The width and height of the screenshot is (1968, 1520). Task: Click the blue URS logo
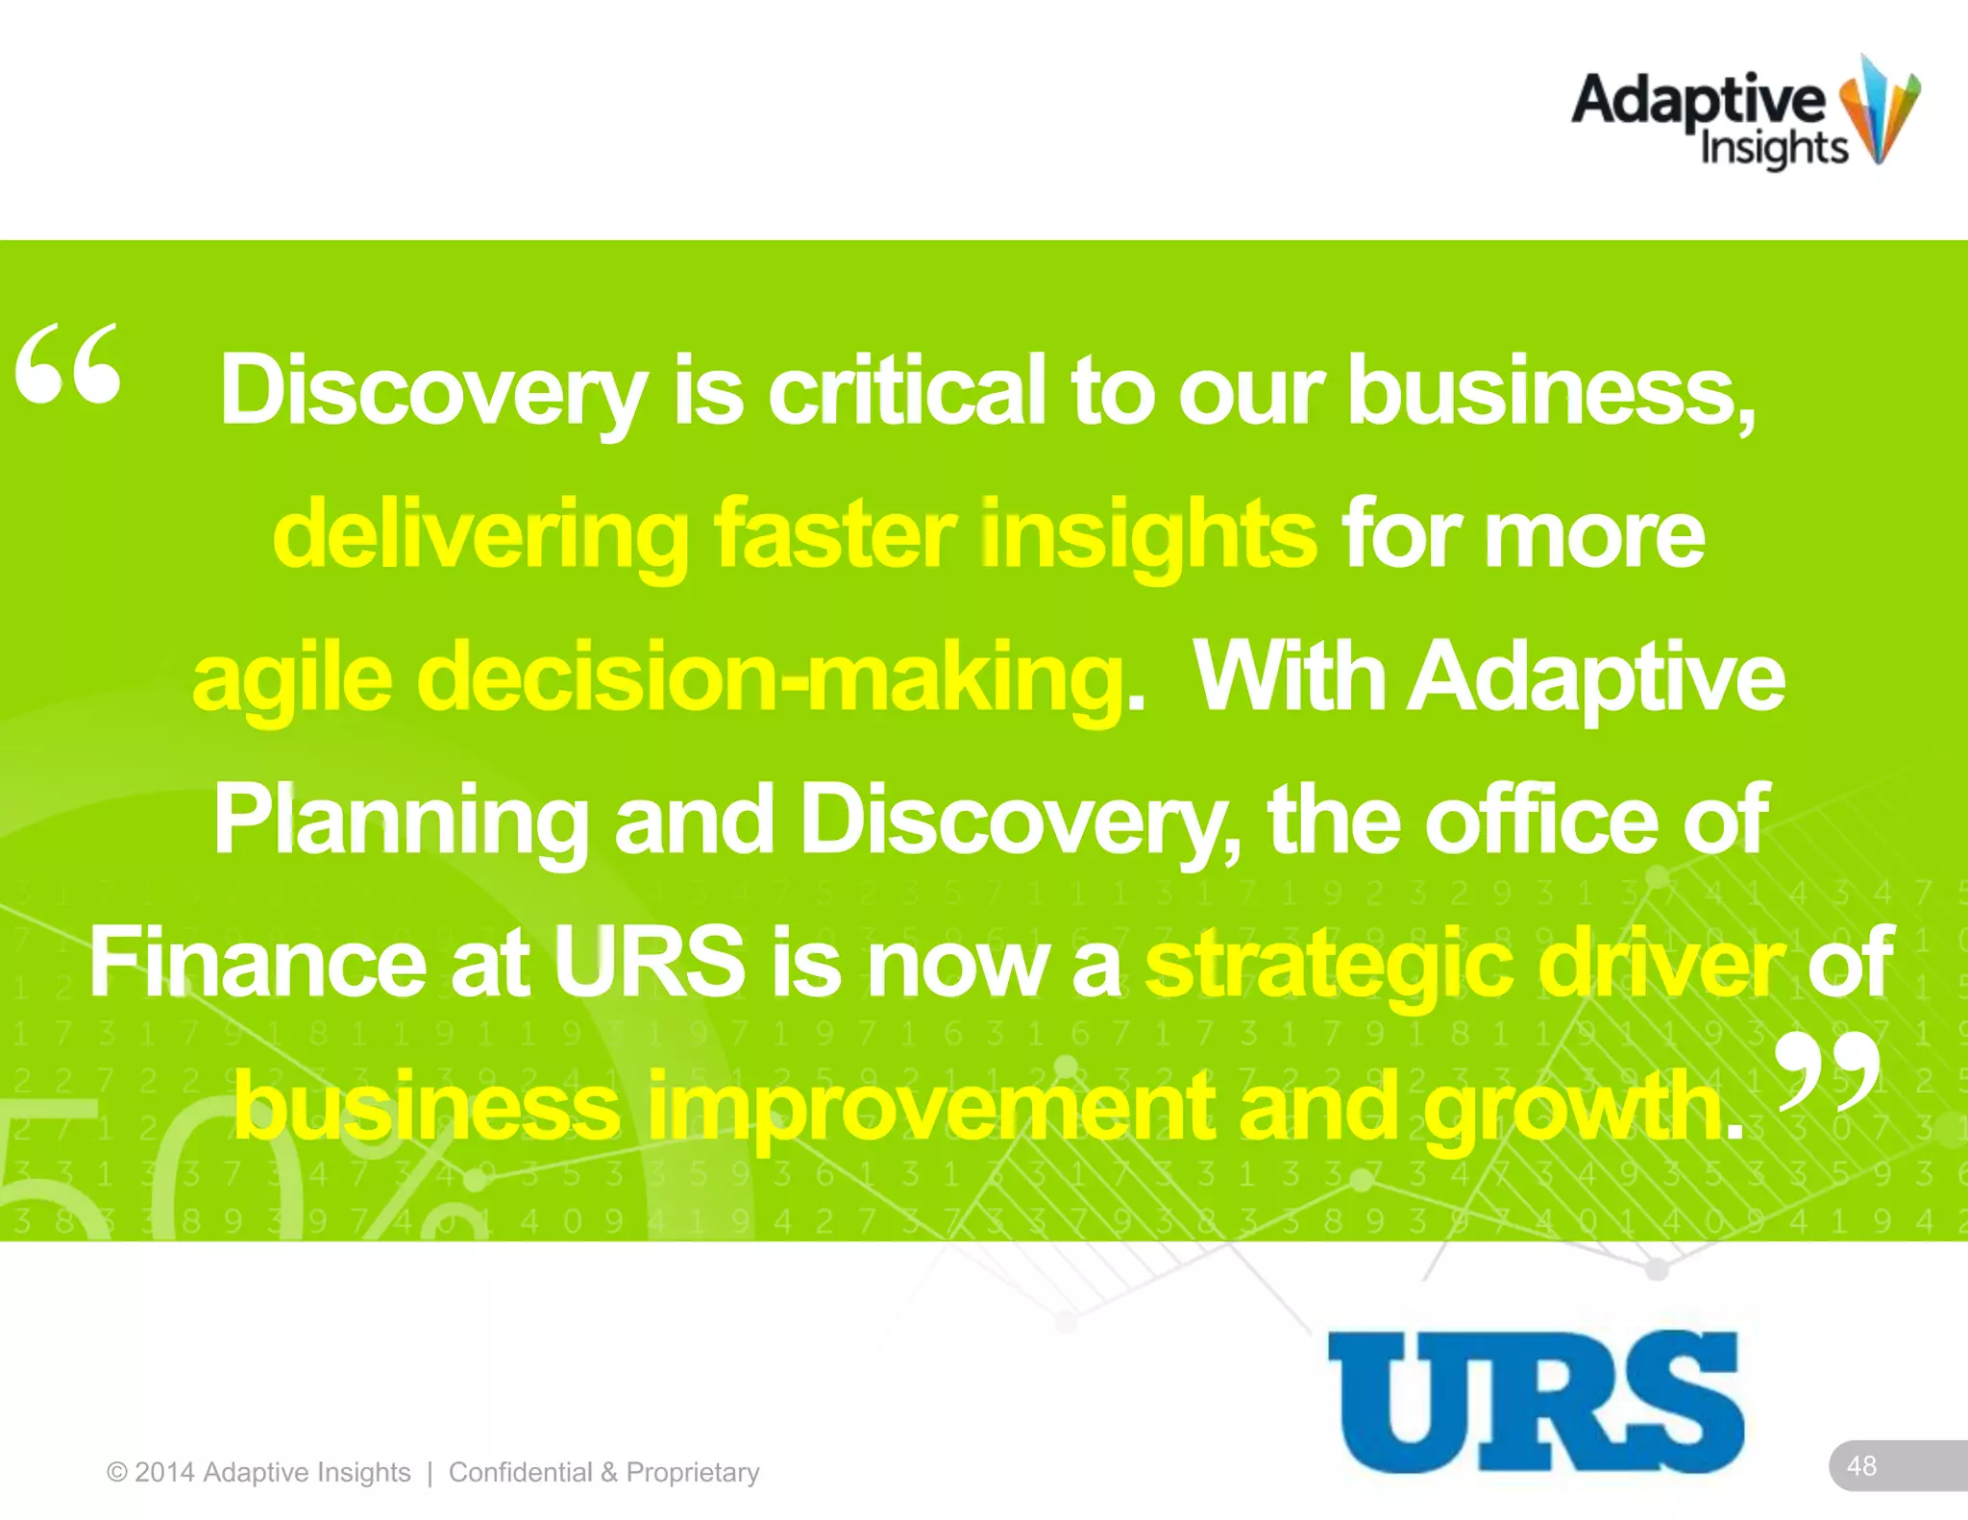click(1535, 1401)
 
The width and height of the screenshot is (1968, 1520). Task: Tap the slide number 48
click(1861, 1465)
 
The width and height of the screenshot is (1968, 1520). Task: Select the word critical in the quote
click(906, 391)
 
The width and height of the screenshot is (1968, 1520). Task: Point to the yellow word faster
click(834, 534)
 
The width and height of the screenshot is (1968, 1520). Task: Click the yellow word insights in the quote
click(1148, 534)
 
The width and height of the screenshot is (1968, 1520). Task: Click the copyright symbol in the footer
click(117, 1472)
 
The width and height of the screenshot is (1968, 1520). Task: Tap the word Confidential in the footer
click(520, 1472)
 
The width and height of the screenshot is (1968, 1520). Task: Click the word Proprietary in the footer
click(693, 1472)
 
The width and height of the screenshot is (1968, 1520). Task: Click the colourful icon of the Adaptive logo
click(1879, 108)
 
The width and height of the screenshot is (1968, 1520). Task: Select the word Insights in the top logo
click(1774, 149)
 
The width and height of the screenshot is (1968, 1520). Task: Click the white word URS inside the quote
click(649, 962)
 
